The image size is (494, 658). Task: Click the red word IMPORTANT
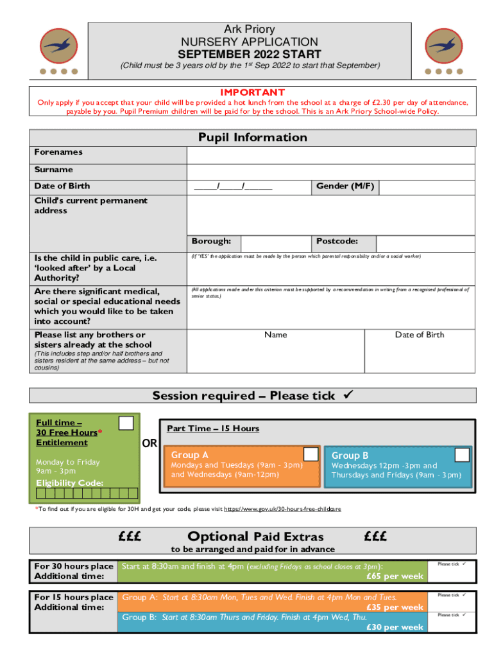pyautogui.click(x=252, y=93)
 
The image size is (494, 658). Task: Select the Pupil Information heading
pyautogui.click(x=252, y=138)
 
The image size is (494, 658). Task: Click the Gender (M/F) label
pyautogui.click(x=345, y=186)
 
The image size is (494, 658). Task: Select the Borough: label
pyautogui.click(x=211, y=242)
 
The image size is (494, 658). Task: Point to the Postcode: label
pyautogui.click(x=337, y=242)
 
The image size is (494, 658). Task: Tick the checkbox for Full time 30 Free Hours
pyautogui.click(x=126, y=422)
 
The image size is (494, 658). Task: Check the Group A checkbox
pyautogui.click(x=311, y=454)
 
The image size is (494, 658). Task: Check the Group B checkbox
pyautogui.click(x=462, y=454)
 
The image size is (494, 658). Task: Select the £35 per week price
pyautogui.click(x=395, y=607)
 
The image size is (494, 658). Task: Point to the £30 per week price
pyautogui.click(x=395, y=627)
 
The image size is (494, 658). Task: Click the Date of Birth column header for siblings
pyautogui.click(x=419, y=335)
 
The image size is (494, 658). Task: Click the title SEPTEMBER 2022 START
pyautogui.click(x=250, y=54)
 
